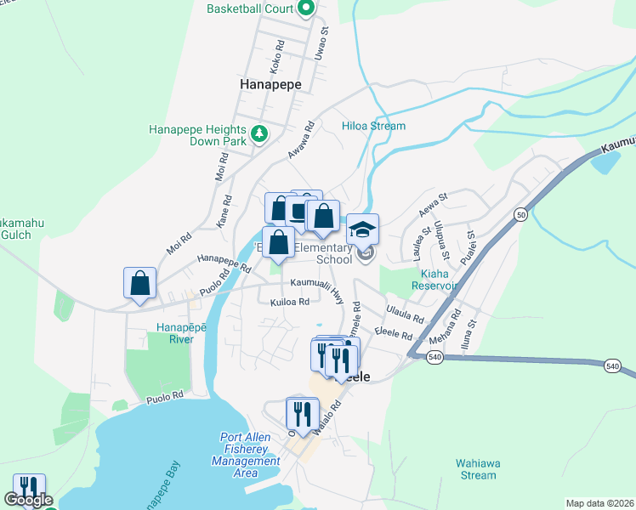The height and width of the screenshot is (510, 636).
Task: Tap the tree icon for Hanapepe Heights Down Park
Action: tap(260, 133)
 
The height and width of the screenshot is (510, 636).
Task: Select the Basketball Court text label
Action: tap(249, 9)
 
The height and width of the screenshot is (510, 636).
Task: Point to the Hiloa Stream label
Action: tap(373, 126)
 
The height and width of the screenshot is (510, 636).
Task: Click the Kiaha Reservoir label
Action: tap(440, 280)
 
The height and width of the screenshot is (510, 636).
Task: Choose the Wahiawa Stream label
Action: tap(475, 469)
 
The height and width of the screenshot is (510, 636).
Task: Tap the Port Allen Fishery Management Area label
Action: tap(245, 455)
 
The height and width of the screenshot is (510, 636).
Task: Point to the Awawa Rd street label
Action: tap(304, 134)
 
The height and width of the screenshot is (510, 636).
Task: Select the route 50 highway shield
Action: tap(520, 217)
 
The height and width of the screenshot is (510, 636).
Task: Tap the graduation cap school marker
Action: tap(362, 229)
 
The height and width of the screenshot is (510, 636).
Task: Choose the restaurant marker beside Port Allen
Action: tap(301, 414)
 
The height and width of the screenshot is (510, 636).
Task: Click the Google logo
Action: tap(27, 501)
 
